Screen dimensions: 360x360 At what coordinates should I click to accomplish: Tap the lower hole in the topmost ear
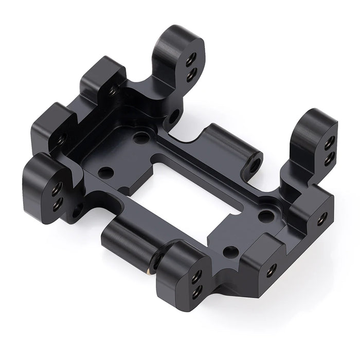click(x=191, y=76)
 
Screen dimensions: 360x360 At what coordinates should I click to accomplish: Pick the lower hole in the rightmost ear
click(x=328, y=158)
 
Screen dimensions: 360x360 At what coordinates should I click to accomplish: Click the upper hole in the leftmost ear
click(x=58, y=186)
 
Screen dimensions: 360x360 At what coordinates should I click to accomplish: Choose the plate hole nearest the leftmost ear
click(x=106, y=172)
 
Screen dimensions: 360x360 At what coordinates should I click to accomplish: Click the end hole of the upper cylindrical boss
click(x=254, y=166)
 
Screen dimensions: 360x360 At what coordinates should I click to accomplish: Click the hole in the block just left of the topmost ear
click(x=113, y=91)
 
